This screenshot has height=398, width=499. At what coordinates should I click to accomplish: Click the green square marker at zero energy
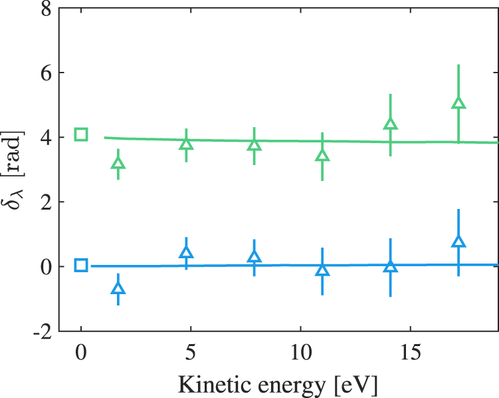click(81, 134)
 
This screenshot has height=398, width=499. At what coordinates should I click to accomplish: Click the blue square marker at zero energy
click(81, 266)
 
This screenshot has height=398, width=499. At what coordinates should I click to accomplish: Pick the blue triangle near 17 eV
click(458, 242)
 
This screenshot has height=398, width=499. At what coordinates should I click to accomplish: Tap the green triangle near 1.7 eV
click(118, 164)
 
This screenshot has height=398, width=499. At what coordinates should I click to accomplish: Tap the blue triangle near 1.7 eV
click(118, 289)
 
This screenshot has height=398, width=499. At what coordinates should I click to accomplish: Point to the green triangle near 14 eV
click(390, 124)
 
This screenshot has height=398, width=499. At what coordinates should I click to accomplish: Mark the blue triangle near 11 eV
click(322, 270)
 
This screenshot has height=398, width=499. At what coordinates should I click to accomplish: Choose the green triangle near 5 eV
click(187, 144)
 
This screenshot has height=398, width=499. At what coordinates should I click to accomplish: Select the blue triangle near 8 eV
click(254, 258)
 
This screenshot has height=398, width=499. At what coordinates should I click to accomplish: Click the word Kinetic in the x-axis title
click(210, 383)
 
